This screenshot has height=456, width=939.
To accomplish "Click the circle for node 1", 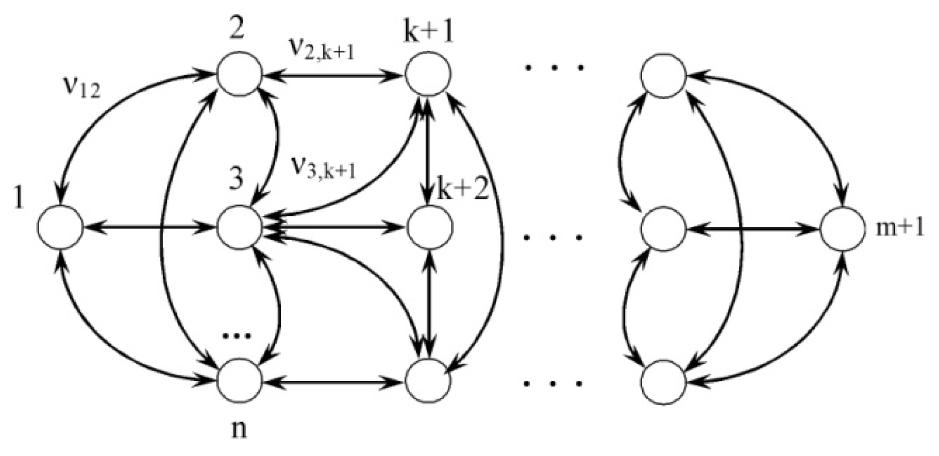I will click(60, 227).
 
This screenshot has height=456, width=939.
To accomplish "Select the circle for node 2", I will click(239, 74).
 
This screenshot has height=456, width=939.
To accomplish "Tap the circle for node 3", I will click(239, 227).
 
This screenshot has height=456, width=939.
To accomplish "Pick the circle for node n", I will click(239, 381).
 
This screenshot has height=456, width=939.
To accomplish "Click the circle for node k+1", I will click(428, 74).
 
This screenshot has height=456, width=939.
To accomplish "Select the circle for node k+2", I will click(429, 227).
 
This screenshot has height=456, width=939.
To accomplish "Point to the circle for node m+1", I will click(842, 228).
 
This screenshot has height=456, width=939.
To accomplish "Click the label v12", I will click(81, 89).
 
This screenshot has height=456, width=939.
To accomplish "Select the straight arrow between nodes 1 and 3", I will click(149, 227).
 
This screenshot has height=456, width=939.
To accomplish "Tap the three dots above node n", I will click(237, 336).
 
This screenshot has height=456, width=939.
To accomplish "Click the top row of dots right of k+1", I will click(553, 67).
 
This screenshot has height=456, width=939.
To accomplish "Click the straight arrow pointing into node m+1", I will click(752, 228).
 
